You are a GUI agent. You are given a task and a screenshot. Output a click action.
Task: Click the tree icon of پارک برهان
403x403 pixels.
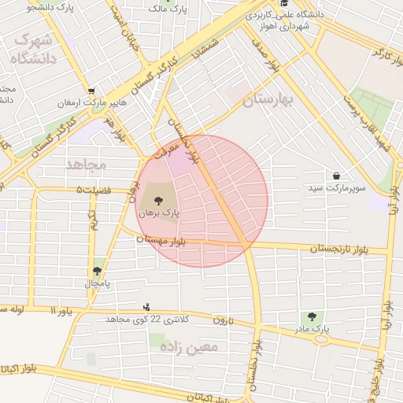click(149, 201)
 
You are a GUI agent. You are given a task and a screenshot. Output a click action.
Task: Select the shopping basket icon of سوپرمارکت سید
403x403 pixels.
click(337, 176)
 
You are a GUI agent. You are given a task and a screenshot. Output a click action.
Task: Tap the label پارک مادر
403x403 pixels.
click(315, 329)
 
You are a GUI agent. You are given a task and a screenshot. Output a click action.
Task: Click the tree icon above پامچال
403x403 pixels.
click(98, 270)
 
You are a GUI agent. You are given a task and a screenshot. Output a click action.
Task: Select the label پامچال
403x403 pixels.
click(98, 282)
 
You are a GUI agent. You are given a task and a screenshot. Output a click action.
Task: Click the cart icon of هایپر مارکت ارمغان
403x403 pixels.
click(92, 91)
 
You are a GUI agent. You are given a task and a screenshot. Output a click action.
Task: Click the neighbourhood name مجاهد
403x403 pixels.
click(86, 165)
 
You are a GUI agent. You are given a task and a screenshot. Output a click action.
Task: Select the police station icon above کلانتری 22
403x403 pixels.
click(146, 306)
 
